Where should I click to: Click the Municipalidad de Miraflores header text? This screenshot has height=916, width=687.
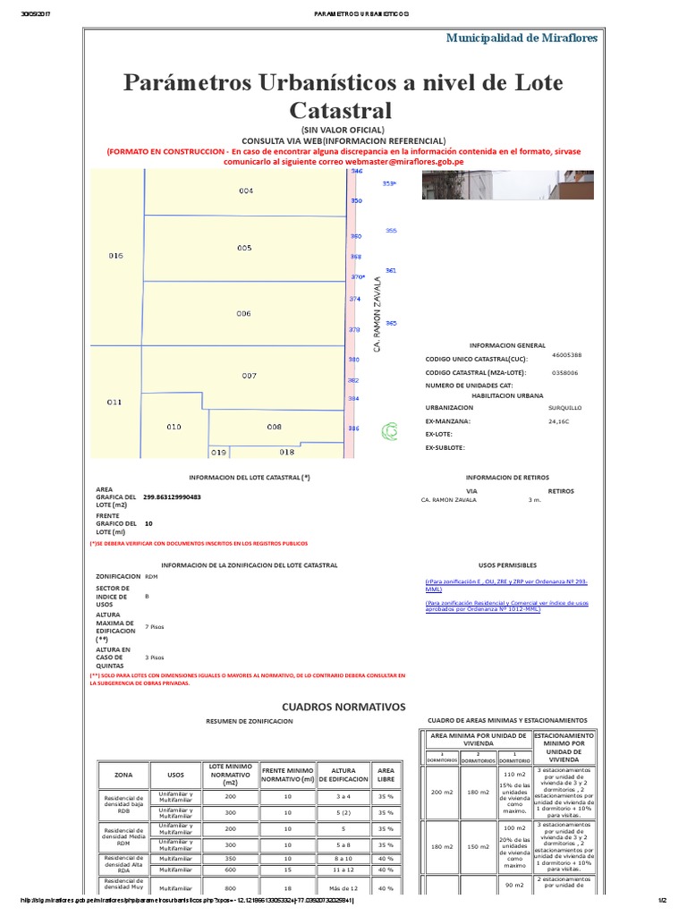click(522, 37)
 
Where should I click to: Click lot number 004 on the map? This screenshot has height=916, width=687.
click(246, 191)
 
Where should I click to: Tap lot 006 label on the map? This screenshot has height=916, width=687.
click(244, 314)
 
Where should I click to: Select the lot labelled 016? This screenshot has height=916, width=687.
click(115, 256)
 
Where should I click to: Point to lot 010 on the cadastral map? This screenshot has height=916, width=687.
click(174, 427)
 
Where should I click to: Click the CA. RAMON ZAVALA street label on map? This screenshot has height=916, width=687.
click(377, 314)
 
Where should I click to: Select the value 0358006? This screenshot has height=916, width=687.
click(564, 372)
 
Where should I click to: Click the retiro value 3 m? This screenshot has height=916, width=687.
click(535, 500)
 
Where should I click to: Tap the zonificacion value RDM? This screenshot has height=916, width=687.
click(150, 577)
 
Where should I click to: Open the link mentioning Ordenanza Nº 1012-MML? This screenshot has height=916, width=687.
click(506, 606)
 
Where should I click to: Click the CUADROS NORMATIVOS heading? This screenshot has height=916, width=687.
click(343, 707)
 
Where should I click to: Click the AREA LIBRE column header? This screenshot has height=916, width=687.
click(386, 775)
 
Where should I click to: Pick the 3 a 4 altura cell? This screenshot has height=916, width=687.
click(343, 796)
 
